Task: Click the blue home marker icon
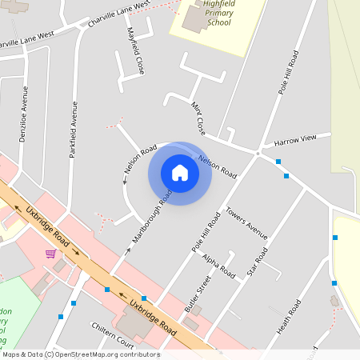tap(180, 172)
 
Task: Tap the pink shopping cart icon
tap(50, 254)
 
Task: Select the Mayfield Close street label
tap(135, 51)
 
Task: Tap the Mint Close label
tap(198, 118)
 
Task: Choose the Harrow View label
tap(295, 142)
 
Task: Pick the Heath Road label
tap(289, 317)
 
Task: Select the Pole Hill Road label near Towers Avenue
tap(206, 233)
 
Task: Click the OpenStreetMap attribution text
tap(81, 354)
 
